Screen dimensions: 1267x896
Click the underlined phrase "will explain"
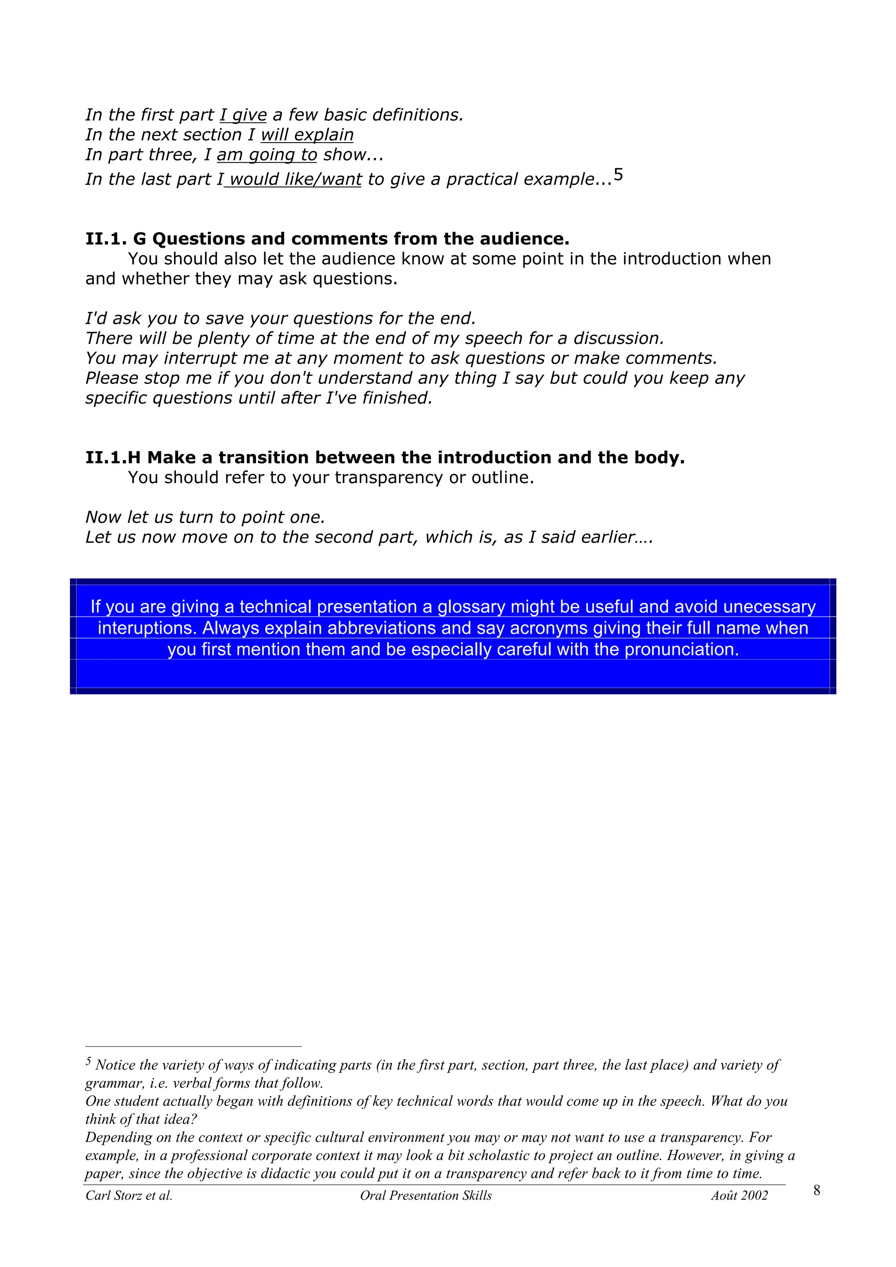[307, 135]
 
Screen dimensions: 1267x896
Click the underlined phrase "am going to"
[266, 154]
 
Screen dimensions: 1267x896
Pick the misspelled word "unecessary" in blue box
[769, 607]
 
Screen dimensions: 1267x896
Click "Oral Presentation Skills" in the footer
[425, 1196]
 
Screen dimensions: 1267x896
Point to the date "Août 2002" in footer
[739, 1196]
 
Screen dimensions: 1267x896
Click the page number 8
[816, 1190]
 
